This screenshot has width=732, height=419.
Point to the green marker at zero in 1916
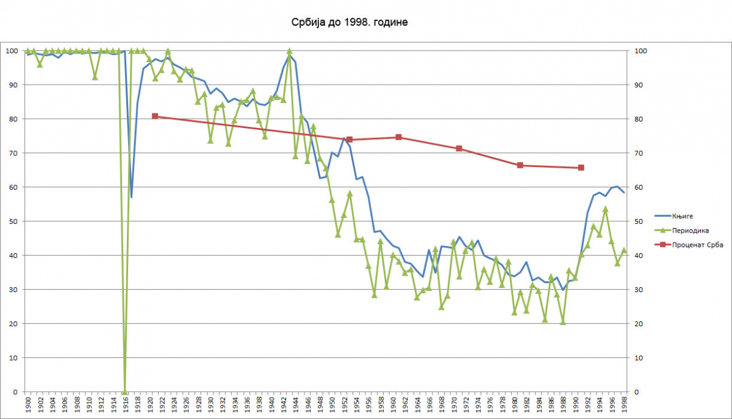[x=125, y=391]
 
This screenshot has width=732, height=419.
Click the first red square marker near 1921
[x=155, y=116]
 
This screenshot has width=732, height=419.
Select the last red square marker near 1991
[x=581, y=168]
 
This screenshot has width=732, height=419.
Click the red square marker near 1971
[x=459, y=149]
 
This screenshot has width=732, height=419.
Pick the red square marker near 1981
[x=520, y=165]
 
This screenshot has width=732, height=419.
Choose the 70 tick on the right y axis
[x=639, y=153]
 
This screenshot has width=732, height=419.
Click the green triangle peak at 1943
[x=289, y=52]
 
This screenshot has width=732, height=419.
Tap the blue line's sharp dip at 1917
[x=131, y=197]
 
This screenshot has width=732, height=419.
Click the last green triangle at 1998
[x=623, y=250]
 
